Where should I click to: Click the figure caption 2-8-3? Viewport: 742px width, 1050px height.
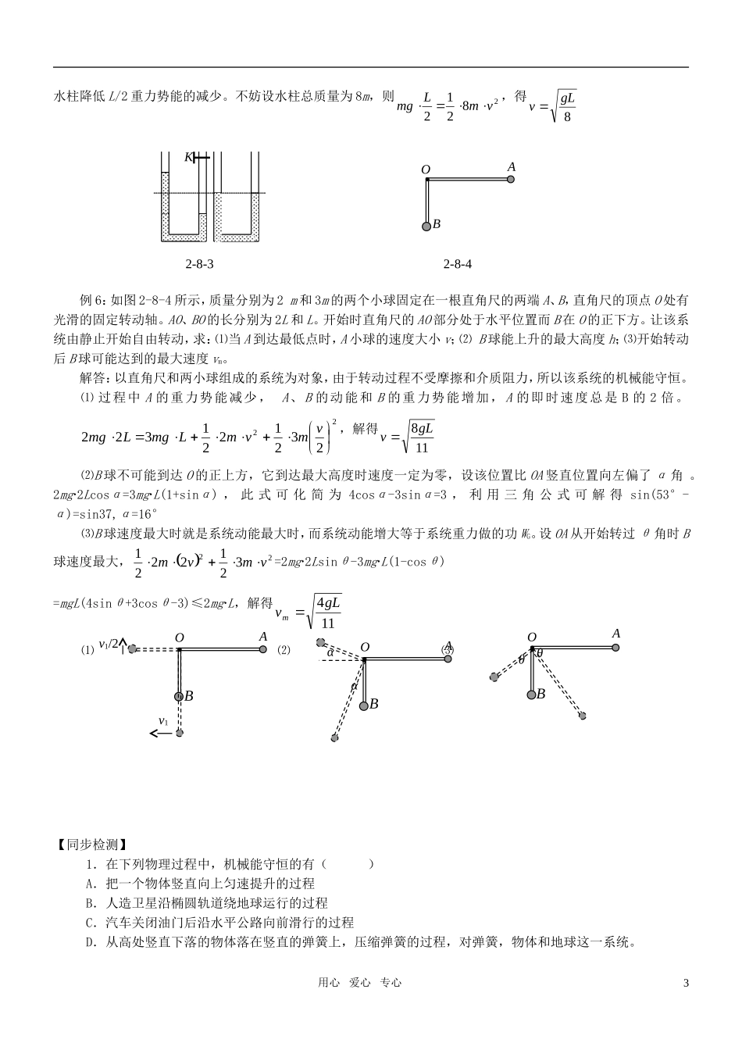pos(199,264)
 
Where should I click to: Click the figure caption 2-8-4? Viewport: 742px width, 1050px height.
pos(457,264)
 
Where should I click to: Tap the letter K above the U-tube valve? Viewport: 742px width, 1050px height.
pos(188,157)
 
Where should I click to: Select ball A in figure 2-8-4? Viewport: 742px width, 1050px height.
pos(511,179)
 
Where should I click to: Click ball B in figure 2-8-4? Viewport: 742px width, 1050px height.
pos(426,226)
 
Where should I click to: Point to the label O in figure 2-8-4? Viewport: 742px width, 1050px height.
pos(426,170)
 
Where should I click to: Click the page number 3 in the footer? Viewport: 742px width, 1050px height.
pos(686,983)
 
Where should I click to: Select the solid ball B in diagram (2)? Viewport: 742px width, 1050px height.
pos(364,705)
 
